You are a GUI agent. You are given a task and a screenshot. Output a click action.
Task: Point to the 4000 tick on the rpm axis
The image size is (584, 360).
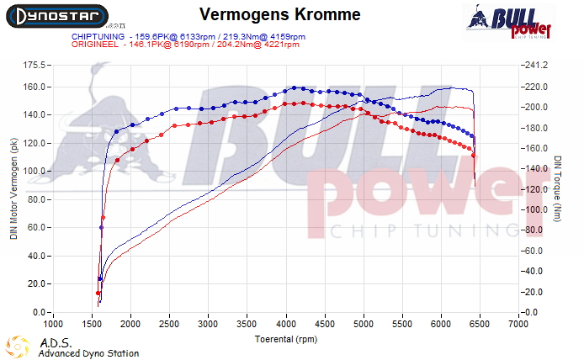(285, 323)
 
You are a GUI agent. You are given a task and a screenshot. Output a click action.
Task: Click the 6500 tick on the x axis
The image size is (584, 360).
(480, 323)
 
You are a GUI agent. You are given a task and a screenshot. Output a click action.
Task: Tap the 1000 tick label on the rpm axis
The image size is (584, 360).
(53, 323)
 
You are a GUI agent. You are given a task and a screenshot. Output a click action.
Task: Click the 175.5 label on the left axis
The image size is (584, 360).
(33, 65)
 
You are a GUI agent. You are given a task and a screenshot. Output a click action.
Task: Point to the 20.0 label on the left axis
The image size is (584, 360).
(35, 284)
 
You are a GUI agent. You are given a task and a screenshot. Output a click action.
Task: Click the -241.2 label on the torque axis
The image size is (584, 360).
(535, 65)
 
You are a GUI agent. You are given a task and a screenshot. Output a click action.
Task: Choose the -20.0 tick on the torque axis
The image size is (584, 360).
(534, 292)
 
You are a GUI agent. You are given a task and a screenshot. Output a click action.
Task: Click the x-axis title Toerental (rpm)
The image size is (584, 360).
(285, 339)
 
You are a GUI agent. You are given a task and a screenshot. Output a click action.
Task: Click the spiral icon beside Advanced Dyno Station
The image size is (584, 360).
(17, 346)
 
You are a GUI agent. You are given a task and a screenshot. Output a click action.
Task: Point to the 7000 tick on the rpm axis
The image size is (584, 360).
(518, 323)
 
